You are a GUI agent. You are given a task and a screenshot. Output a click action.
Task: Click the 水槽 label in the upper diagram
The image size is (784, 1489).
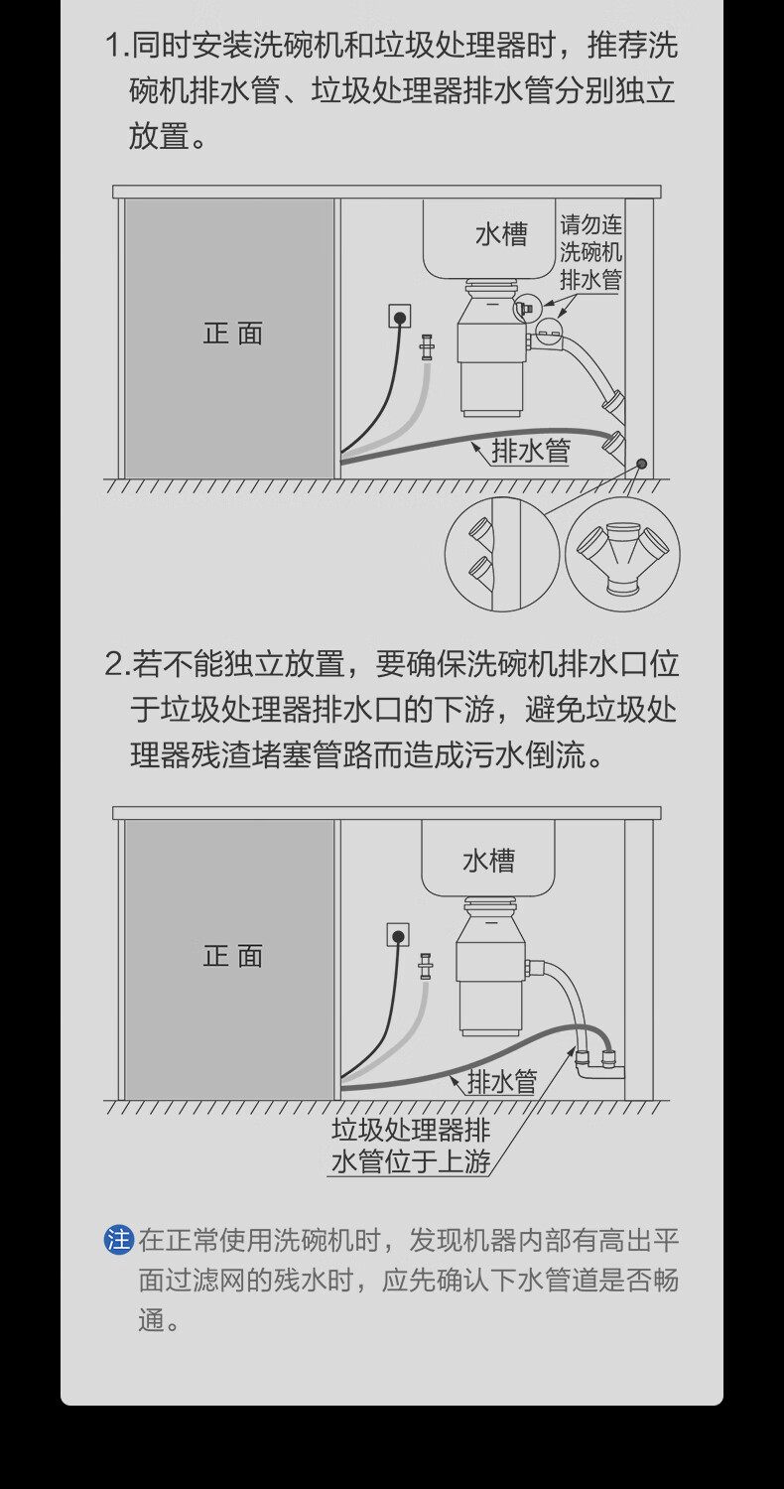point(500,234)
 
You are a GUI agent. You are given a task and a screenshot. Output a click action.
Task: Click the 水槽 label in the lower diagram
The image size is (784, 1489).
point(488,860)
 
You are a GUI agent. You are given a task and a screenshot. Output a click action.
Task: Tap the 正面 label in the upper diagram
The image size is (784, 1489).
point(233,334)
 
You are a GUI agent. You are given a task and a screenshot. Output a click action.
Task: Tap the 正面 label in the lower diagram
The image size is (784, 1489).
point(233,956)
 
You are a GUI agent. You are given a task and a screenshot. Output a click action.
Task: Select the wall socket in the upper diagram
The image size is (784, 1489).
point(400,318)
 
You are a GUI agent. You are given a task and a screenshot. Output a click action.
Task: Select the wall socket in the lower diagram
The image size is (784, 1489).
point(398,935)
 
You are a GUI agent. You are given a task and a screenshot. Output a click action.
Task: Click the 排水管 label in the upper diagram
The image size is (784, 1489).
point(531,452)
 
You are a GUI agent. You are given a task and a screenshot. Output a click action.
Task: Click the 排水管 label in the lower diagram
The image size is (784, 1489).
point(501,1081)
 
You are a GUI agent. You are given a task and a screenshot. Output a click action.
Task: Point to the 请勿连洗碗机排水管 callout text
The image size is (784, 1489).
point(590,253)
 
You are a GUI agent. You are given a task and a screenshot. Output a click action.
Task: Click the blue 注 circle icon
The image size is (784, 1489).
point(119,1240)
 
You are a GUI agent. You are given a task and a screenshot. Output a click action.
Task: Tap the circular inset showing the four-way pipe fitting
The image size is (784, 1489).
point(622,555)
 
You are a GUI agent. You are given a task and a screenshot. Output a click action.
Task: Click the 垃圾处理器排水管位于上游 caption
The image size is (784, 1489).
point(411,1146)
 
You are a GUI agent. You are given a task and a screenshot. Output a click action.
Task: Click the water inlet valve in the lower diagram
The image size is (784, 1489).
point(426,965)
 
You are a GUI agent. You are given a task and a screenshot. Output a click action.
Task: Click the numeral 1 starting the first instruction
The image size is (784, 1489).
point(113,46)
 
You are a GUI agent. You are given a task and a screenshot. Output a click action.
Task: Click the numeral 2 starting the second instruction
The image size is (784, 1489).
point(113,664)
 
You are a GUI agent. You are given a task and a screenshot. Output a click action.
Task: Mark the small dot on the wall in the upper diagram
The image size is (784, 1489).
point(642,464)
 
